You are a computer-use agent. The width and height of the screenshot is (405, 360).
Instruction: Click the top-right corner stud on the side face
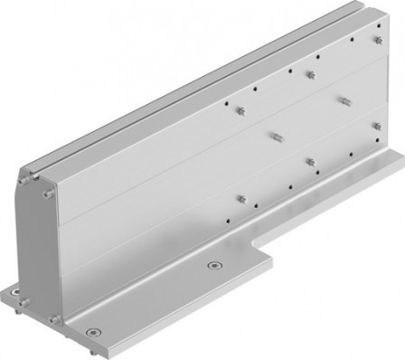point(377,40)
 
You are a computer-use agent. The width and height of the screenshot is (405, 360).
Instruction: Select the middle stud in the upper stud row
point(310,74)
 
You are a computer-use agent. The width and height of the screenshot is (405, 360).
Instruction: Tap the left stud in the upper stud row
point(240,110)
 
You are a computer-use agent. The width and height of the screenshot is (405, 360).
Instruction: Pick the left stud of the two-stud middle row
point(275,137)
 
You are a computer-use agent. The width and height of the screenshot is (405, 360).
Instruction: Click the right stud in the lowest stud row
point(377,127)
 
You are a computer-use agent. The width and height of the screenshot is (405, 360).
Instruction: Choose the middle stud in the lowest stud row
point(310,162)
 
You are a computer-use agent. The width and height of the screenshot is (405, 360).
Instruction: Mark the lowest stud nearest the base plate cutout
point(241,198)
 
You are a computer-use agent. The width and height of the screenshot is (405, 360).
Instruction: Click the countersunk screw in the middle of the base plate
point(213,266)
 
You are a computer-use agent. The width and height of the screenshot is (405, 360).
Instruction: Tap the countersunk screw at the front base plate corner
point(93,331)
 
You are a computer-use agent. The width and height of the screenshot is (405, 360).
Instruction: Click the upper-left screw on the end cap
point(22,180)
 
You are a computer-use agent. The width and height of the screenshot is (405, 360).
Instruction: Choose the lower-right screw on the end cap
point(54,318)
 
